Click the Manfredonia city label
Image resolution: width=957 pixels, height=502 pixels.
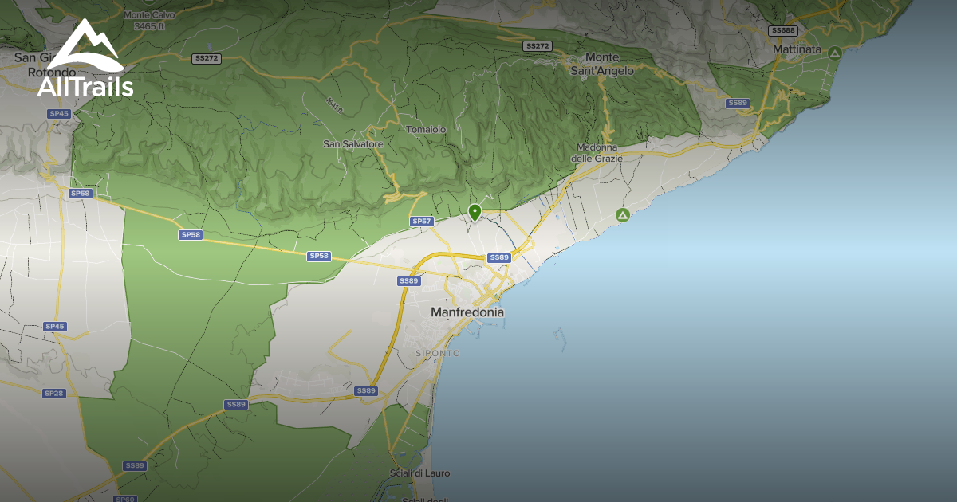click(467, 312)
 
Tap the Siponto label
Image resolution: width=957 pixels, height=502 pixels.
click(438, 352)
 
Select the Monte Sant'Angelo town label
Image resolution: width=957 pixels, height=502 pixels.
click(602, 64)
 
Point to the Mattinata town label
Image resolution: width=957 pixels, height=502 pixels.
click(797, 49)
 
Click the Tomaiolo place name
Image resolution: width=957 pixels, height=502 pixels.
click(426, 129)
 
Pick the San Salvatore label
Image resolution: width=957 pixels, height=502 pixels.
click(353, 144)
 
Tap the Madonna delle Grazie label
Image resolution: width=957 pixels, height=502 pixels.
click(596, 153)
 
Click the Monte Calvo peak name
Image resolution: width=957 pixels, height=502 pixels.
click(148, 15)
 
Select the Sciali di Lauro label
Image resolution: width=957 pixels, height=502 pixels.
click(419, 473)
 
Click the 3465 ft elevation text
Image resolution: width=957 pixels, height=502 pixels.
click(150, 26)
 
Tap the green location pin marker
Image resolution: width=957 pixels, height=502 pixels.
click(475, 212)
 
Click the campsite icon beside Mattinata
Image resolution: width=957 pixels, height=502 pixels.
click(834, 53)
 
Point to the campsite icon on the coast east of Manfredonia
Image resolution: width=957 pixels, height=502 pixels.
click(623, 214)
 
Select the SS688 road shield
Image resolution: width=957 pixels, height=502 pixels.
click(783, 30)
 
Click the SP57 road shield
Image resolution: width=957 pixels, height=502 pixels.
click(421, 221)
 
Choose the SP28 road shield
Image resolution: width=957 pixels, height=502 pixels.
click(54, 394)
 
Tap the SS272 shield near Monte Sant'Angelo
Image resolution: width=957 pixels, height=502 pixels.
click(538, 46)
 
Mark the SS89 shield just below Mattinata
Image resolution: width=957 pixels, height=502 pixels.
click(738, 103)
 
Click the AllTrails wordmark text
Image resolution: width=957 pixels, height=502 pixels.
click(85, 87)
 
